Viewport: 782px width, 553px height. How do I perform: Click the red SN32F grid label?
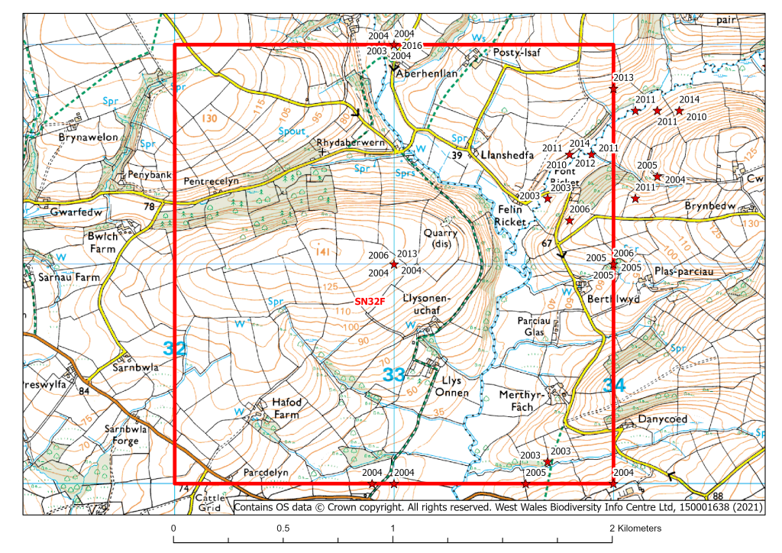coord(369,302)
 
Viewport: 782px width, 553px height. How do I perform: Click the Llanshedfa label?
coord(499,154)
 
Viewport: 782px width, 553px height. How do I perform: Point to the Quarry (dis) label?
coord(441,239)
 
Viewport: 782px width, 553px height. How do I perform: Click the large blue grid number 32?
coord(175,349)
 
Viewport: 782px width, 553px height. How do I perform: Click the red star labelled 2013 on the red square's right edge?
coord(613,89)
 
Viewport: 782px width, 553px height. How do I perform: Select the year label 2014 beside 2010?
coord(690,99)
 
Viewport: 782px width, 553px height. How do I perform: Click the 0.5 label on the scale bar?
coord(283,529)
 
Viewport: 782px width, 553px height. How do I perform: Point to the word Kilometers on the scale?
coord(635,529)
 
